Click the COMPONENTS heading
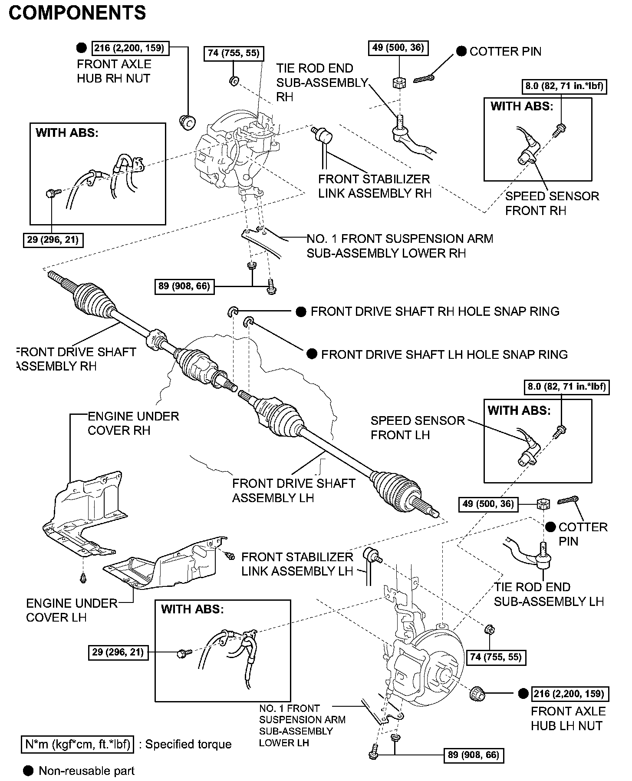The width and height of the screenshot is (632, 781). point(77,13)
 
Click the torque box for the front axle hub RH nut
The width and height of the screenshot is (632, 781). point(131,48)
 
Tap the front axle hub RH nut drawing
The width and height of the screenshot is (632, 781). point(188,122)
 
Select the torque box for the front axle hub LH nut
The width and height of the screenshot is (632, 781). point(569,694)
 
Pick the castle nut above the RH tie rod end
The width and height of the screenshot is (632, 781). point(398,82)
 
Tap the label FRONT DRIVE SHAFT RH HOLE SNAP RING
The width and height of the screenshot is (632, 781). point(435,311)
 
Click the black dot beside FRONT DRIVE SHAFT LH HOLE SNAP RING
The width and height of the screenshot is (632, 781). point(312,354)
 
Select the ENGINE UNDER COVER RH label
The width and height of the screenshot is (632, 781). point(133,423)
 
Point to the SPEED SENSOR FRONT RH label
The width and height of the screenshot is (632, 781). point(552,203)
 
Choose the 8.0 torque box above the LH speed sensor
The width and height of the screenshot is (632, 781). point(566,386)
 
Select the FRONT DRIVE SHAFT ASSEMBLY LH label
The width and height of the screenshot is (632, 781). point(293,490)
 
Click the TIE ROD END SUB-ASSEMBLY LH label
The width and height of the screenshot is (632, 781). point(549,594)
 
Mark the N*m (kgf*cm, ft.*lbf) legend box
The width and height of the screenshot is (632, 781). point(78,744)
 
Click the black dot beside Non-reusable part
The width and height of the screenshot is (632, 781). point(28,771)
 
